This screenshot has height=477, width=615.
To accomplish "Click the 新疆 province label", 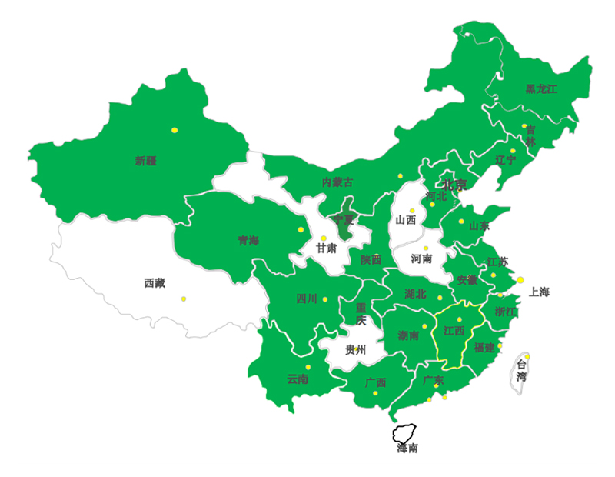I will [x=145, y=161].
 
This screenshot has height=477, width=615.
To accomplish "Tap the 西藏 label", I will [x=155, y=282].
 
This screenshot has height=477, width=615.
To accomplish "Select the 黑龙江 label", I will [x=541, y=89].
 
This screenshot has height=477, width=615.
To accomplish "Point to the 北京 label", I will [x=454, y=185].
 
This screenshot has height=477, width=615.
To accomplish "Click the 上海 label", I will [x=540, y=292].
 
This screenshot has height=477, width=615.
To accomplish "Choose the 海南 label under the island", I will [x=407, y=449].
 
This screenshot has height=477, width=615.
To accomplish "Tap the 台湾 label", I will [x=522, y=371].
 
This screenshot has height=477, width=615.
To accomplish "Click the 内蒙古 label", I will [x=337, y=182].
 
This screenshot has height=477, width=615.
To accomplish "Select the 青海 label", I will [x=248, y=241].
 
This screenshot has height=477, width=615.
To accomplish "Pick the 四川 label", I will [x=306, y=299].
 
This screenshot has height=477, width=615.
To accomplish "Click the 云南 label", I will [x=298, y=379].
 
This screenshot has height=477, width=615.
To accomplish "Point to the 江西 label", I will [x=454, y=331].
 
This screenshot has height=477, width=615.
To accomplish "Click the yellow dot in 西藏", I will [x=184, y=299].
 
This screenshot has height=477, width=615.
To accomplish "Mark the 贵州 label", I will [x=355, y=351].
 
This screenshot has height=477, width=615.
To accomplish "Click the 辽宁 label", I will [x=506, y=160].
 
